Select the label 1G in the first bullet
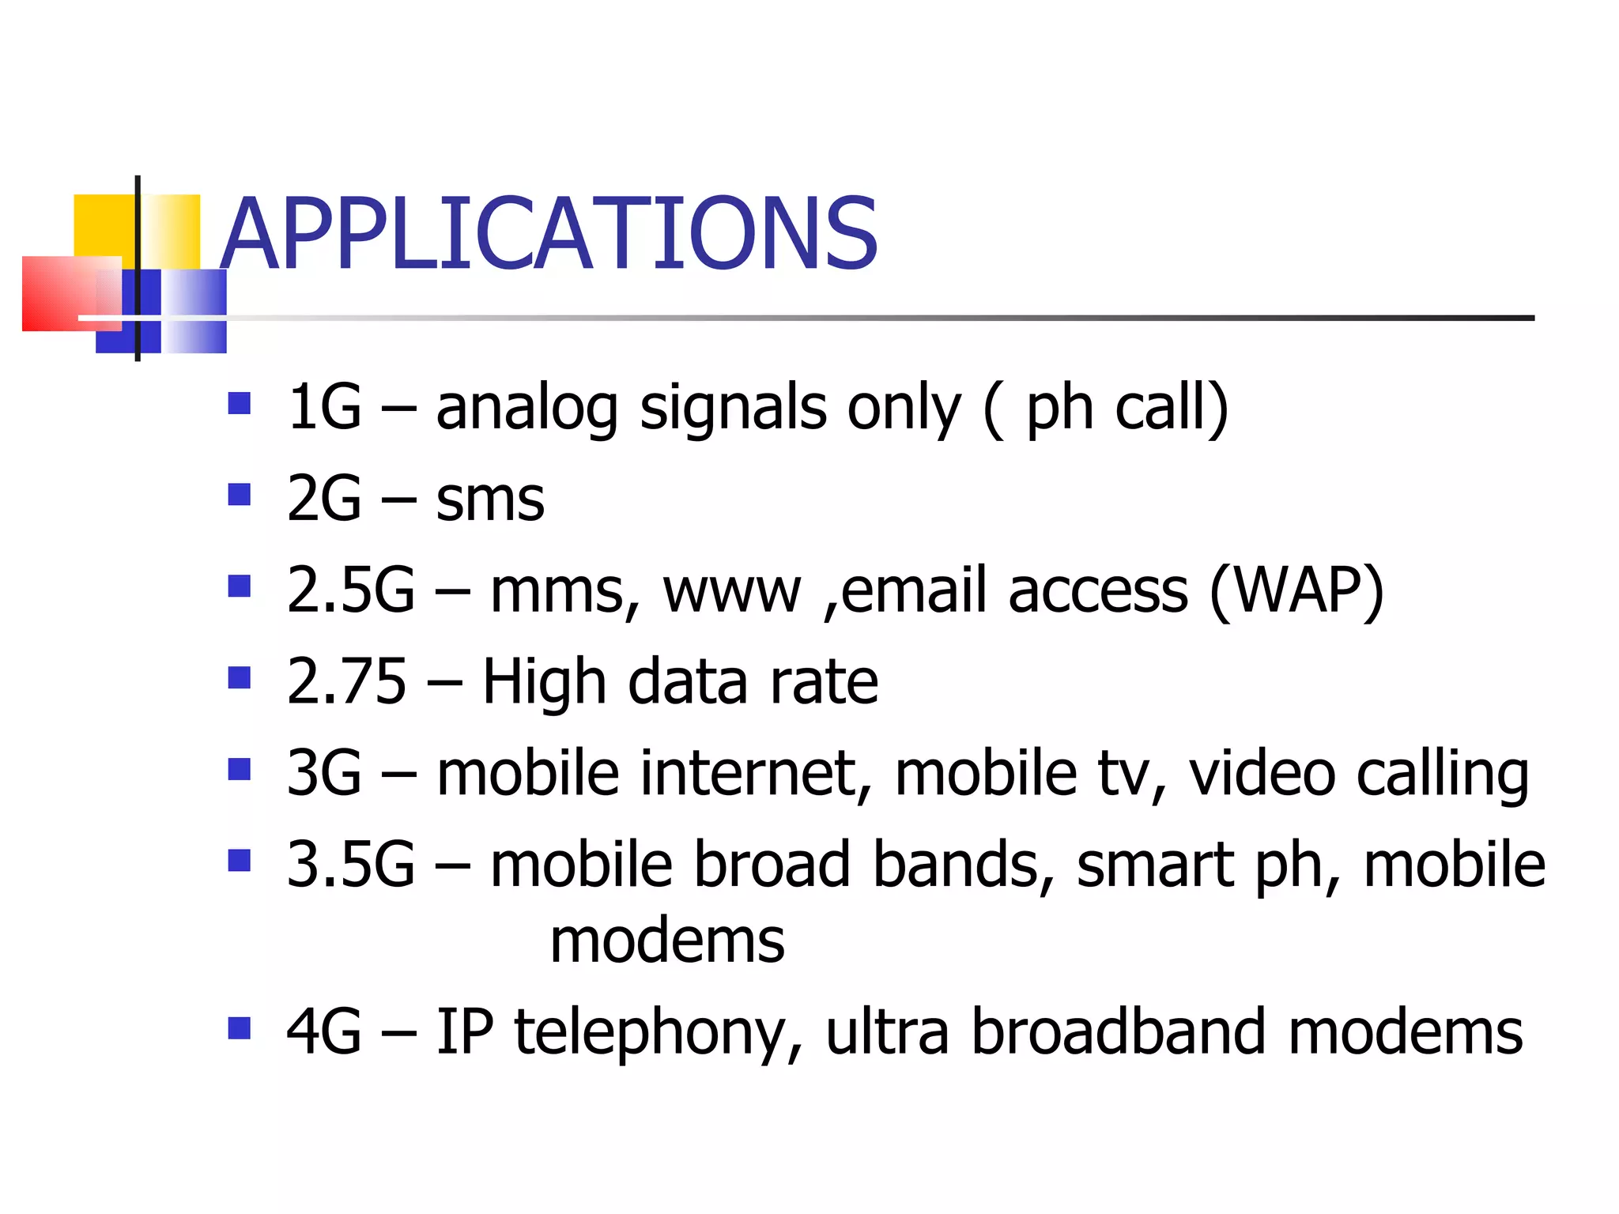pyautogui.click(x=324, y=408)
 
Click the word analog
pyautogui.click(x=526, y=409)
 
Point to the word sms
pyautogui.click(x=490, y=500)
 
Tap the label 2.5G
pyautogui.click(x=350, y=590)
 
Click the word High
pyautogui.click(x=544, y=683)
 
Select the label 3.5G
pyautogui.click(x=350, y=865)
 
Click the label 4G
pyautogui.click(x=324, y=1032)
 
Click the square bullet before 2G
pyautogui.click(x=239, y=495)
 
